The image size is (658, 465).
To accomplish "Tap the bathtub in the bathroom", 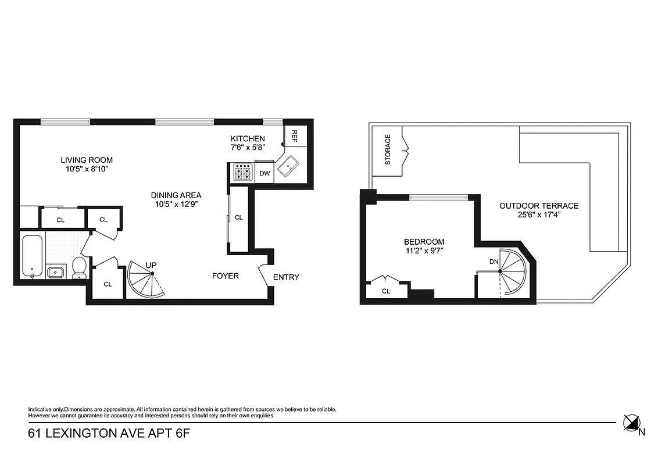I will pos(33,256).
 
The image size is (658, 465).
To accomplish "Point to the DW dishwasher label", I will pos(264,173).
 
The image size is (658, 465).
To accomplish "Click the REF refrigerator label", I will pos(294,136).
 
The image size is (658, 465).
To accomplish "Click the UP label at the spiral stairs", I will pos(151,266).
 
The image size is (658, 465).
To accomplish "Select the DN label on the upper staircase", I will pos(494,262).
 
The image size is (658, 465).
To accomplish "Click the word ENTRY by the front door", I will pos(286,277).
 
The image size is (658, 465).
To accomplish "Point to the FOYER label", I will pos(225,276).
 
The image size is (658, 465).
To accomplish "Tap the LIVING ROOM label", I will pos(87,160).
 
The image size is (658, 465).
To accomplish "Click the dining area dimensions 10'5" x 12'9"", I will pos(176,204).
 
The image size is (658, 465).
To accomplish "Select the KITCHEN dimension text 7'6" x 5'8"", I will pos(248,147).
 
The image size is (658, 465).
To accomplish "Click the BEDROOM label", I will pos(424,242).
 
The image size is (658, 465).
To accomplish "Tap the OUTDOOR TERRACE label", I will pos(539,206).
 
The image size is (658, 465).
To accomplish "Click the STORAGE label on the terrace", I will pos(388,149).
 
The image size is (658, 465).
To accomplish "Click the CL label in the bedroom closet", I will pos(386,291).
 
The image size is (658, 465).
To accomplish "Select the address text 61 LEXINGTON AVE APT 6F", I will pos(109,434).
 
